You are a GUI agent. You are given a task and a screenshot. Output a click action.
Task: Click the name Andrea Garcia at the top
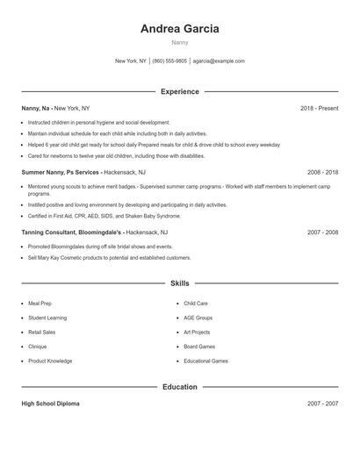coord(179,28)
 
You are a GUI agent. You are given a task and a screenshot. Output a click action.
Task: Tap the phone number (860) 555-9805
coord(169,61)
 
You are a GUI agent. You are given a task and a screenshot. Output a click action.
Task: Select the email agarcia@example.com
coord(219,61)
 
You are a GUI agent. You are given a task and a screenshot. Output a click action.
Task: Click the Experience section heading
coord(179,91)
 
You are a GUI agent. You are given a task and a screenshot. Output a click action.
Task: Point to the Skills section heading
coord(179,283)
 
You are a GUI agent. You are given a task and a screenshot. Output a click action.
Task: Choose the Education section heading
coord(179,387)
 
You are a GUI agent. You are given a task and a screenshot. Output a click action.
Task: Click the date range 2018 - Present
coord(319,108)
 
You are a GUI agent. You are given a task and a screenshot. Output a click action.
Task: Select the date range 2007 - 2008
coord(322,232)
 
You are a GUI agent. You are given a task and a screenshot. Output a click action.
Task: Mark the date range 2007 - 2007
coord(322,404)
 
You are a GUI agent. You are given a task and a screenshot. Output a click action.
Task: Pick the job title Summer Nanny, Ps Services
coord(61,172)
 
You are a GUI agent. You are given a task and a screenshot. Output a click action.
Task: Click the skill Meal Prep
coord(40,304)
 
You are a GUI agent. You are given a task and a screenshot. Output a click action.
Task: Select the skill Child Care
coord(196,304)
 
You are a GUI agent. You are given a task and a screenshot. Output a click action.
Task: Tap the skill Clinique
coord(39,347)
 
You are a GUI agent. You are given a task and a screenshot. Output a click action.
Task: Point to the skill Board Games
coord(199,347)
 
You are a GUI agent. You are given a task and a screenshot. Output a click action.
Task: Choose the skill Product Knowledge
coord(50,361)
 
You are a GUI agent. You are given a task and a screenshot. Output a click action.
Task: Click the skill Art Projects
coord(197,333)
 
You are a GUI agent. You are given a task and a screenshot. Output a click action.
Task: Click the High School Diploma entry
coord(50,404)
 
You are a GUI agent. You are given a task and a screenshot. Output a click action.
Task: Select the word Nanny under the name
coord(179,41)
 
